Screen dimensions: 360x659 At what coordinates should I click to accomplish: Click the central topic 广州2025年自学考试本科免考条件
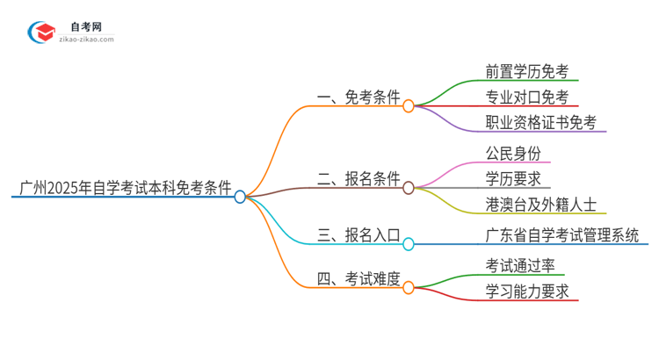[125, 187]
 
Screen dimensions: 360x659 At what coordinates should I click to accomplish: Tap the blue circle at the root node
[240, 197]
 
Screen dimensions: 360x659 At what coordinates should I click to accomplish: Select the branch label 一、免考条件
[358, 97]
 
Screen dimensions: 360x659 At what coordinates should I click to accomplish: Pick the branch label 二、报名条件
[358, 179]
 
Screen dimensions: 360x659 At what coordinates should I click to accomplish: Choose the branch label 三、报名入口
[358, 235]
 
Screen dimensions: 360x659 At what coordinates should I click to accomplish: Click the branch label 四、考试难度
[358, 280]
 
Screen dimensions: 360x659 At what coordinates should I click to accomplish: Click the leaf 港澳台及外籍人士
[540, 205]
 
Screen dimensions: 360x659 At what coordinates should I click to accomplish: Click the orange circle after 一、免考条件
[409, 105]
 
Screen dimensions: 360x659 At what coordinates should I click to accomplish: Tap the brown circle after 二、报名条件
[409, 188]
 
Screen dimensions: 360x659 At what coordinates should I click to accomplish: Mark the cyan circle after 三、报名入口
[409, 244]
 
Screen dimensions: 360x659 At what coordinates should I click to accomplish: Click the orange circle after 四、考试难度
[409, 287]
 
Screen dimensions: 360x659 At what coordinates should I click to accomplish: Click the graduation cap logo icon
[40, 33]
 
